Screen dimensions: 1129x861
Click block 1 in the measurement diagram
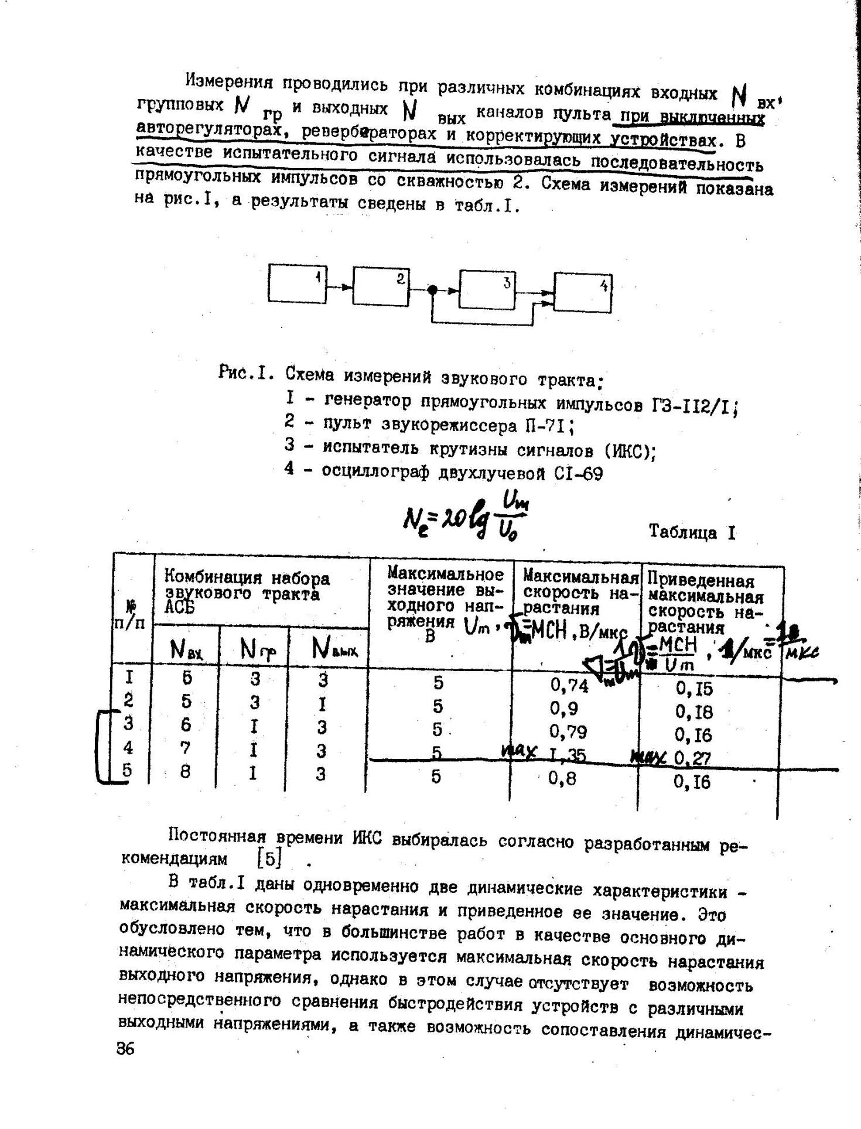point(297,283)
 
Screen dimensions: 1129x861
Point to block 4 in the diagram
point(583,292)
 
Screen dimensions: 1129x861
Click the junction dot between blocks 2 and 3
point(432,289)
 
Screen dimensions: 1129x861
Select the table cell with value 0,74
point(569,685)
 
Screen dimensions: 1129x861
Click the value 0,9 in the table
point(564,709)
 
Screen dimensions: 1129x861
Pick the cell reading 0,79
point(568,732)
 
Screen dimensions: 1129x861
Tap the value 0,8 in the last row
point(563,779)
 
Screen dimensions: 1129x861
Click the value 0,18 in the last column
point(694,711)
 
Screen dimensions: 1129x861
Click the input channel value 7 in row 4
point(186,748)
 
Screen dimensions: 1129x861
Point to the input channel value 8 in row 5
point(185,772)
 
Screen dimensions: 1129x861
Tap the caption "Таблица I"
point(692,532)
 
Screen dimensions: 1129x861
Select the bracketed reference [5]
point(270,858)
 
